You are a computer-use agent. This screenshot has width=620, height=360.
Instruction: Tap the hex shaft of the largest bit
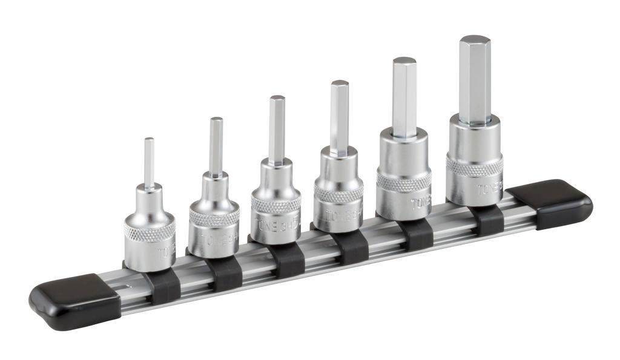[474, 79]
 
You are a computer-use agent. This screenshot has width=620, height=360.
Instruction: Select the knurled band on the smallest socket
[150, 231]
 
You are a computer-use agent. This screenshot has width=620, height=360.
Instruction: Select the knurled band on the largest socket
[474, 165]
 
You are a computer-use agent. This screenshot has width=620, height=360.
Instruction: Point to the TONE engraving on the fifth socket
[419, 203]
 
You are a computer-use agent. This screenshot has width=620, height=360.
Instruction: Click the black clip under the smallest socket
[165, 286]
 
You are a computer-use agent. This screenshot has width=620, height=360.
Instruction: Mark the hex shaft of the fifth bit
[404, 97]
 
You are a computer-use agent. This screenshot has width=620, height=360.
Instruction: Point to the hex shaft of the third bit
[277, 129]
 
